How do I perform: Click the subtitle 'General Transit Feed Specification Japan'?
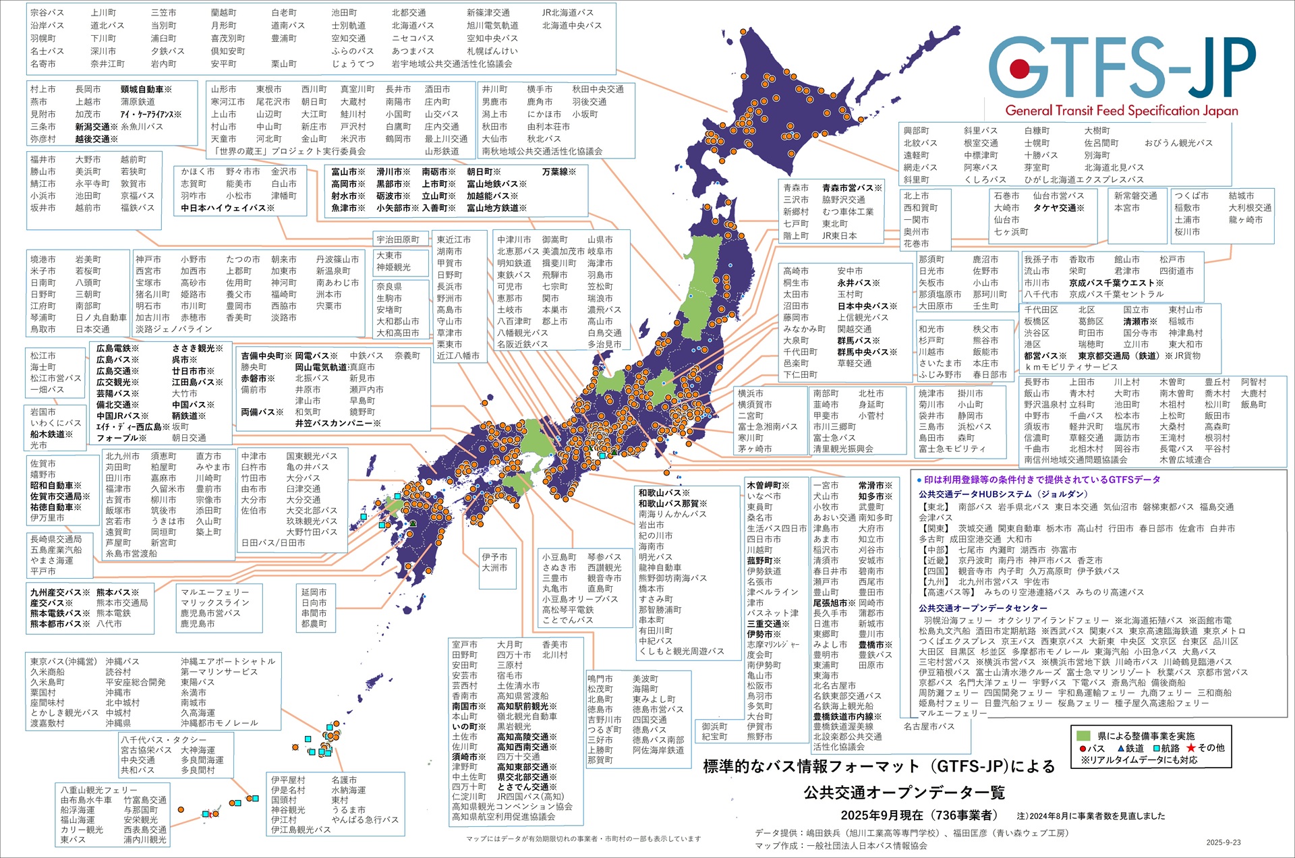(x=1121, y=111)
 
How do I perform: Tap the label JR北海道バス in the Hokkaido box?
(x=568, y=13)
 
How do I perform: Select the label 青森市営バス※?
(x=851, y=188)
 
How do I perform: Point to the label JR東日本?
(x=839, y=235)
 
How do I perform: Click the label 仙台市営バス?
(x=1058, y=196)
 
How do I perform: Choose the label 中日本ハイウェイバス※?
(x=227, y=208)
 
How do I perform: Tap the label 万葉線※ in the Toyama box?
(x=559, y=172)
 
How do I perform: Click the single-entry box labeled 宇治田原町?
(x=398, y=239)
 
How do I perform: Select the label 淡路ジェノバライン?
(x=173, y=329)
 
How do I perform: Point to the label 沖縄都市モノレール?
(x=219, y=722)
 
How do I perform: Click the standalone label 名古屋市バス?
(x=929, y=726)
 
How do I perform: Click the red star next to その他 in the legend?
(x=1190, y=748)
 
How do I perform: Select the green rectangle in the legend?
(x=1084, y=736)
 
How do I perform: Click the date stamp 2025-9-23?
(x=1224, y=842)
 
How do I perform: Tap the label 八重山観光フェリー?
(x=98, y=790)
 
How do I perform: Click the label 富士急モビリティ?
(x=952, y=449)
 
